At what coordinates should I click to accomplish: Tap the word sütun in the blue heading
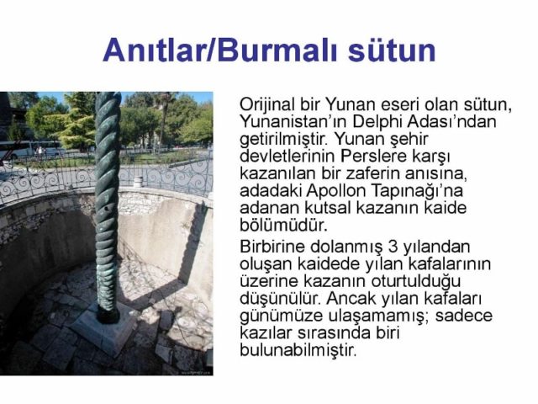392,50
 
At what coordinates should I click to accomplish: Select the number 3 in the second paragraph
393,247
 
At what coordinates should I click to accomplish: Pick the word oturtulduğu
416,281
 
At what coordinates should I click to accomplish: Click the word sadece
464,316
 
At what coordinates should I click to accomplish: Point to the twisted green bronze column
107,206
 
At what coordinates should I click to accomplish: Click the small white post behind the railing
138,182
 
